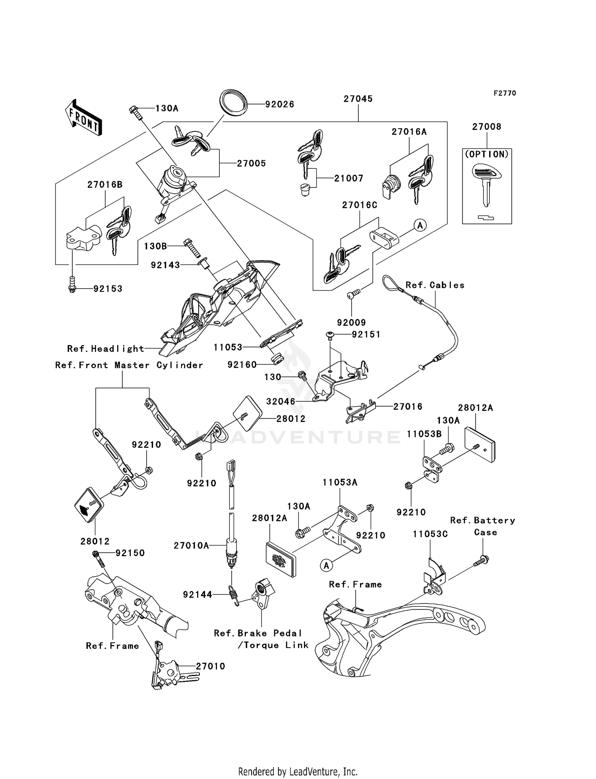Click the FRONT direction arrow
click(x=83, y=118)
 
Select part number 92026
click(x=279, y=104)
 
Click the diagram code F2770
click(x=505, y=93)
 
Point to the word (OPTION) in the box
click(x=487, y=154)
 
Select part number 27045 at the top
click(x=358, y=99)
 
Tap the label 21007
click(x=348, y=179)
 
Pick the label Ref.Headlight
click(x=105, y=349)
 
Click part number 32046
click(x=281, y=401)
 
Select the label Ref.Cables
click(x=435, y=285)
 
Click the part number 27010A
click(x=191, y=546)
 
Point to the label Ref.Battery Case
click(x=483, y=526)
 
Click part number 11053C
click(x=430, y=534)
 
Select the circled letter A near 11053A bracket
click(x=326, y=565)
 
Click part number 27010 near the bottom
click(x=210, y=666)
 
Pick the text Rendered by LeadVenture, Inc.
click(x=298, y=771)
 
